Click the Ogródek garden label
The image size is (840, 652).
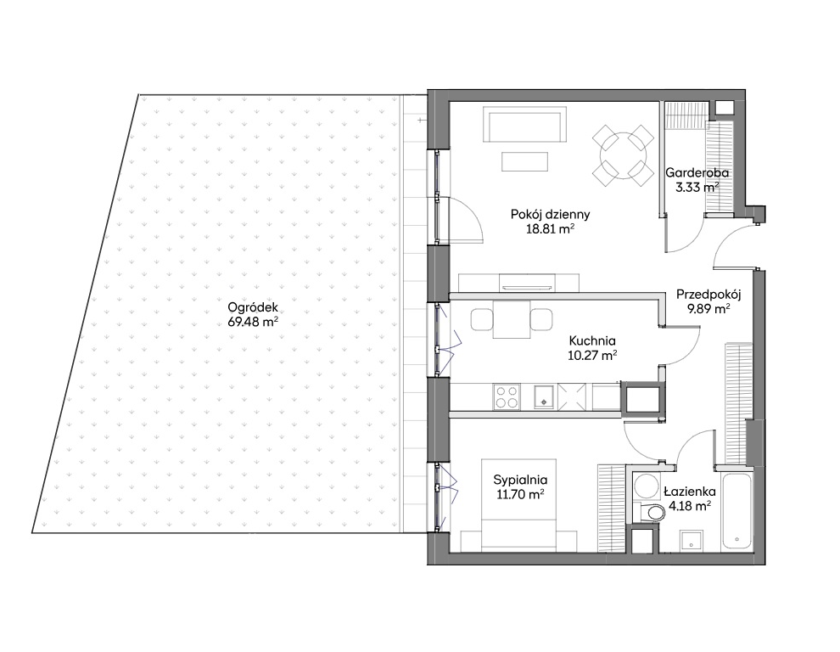tap(253, 307)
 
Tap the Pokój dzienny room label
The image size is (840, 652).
tap(550, 215)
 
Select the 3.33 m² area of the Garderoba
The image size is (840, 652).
tap(697, 188)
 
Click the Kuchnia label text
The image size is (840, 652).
tap(592, 340)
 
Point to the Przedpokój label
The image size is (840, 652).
tap(708, 295)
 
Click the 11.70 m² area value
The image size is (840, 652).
tap(520, 494)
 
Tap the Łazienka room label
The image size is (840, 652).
tap(690, 492)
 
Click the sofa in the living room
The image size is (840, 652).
tap(524, 124)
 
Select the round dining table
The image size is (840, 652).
tap(623, 155)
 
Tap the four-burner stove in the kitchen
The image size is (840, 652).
tap(507, 397)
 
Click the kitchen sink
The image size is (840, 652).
tap(545, 397)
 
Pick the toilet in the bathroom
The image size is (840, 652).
tap(649, 512)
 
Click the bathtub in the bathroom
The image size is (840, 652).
tap(736, 510)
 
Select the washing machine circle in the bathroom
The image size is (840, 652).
tap(646, 486)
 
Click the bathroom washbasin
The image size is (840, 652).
tap(692, 541)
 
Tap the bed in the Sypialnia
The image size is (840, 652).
tap(518, 505)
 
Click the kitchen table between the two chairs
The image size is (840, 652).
tap(512, 319)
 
